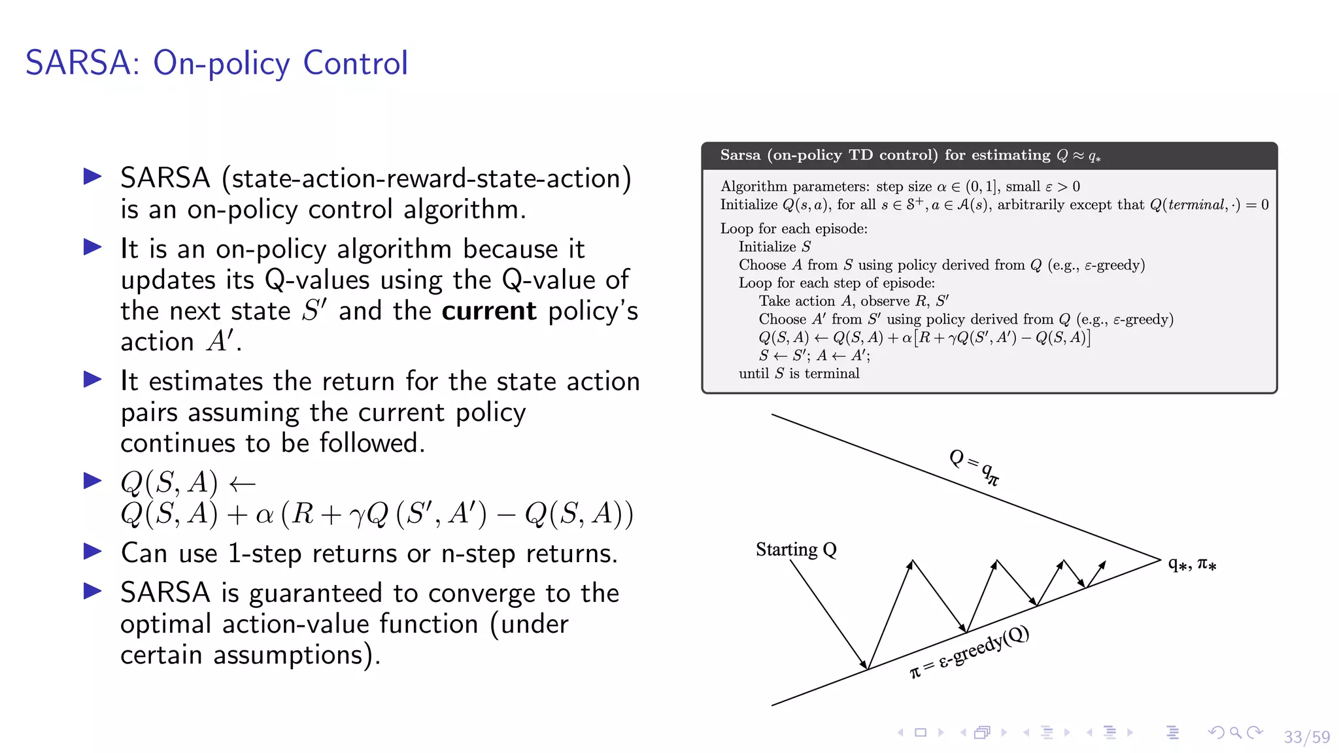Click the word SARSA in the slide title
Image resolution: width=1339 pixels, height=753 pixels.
78,63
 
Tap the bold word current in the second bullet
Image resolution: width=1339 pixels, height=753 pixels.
488,311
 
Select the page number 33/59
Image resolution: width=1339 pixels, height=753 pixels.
1306,737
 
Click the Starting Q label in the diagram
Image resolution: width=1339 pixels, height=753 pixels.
796,550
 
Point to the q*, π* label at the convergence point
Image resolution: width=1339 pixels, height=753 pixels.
1192,563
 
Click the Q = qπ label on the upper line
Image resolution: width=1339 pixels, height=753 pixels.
974,467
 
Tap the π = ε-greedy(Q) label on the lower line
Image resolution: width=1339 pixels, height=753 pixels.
970,652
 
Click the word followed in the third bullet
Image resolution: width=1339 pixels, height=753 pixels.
372,443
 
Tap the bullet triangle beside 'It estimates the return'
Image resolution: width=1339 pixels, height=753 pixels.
93,380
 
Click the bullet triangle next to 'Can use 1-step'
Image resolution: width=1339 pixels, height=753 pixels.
93,552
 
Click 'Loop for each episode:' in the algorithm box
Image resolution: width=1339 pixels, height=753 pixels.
794,229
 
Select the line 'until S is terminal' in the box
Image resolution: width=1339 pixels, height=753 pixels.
799,373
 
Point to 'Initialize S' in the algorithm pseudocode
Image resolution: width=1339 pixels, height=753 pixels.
774,246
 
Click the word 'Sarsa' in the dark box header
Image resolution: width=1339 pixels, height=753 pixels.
740,155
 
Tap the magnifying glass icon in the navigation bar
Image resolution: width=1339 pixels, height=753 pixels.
1235,733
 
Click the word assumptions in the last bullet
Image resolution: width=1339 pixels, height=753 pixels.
288,655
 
